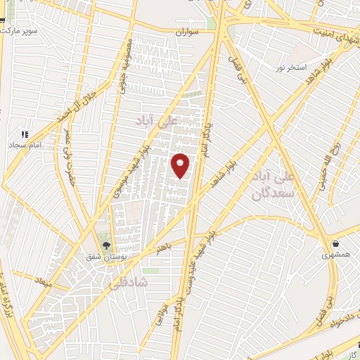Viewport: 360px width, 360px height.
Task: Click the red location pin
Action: [181, 164]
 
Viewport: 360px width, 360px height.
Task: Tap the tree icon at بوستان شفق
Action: [106, 245]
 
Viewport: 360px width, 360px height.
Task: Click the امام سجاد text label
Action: [27, 144]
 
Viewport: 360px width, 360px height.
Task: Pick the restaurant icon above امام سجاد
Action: [25, 134]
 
